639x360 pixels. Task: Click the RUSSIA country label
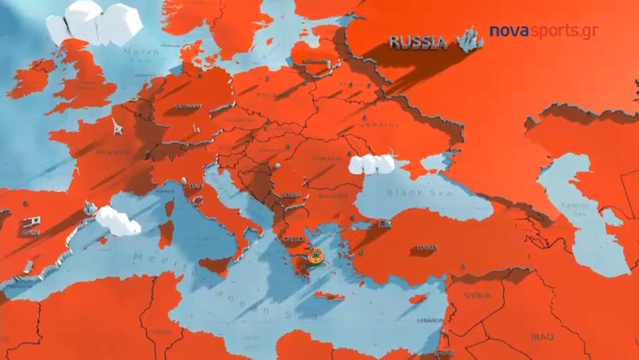418,42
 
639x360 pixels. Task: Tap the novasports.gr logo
543,31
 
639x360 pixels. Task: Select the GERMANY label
188,106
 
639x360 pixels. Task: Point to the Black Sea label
419,192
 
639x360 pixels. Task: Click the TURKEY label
426,247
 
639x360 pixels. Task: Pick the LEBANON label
430,320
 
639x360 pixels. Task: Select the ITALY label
196,186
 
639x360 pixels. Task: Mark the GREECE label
294,239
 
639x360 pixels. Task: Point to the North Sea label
141,52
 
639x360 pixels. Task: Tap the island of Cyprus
418,298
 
